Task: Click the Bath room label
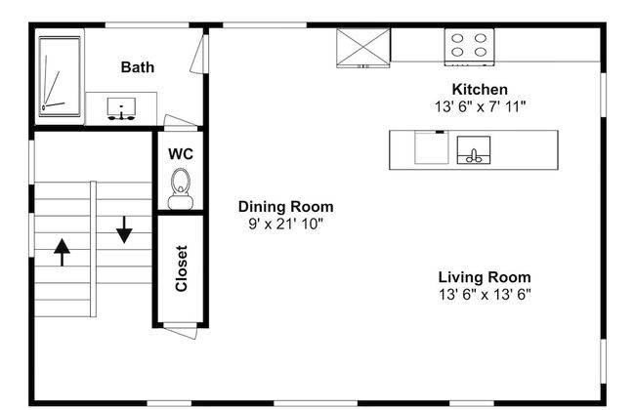tap(138, 67)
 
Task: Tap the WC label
tap(181, 154)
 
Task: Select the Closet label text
tap(181, 268)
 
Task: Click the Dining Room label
tap(286, 207)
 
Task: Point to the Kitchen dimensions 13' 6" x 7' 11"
tap(480, 106)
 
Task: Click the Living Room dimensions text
tap(485, 294)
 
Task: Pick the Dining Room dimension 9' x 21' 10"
tap(285, 224)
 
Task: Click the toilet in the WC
tap(181, 189)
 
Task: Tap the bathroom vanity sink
tap(121, 109)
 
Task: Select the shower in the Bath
tap(60, 77)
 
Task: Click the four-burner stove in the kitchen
tap(469, 47)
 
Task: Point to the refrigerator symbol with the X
tap(362, 48)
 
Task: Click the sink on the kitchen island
tap(474, 149)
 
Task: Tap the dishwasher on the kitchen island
tap(432, 147)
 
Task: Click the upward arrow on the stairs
tap(62, 252)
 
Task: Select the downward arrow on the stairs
tap(124, 229)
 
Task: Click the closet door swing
tap(181, 331)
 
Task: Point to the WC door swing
tap(181, 121)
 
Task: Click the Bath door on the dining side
tap(199, 54)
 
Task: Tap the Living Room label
tap(485, 277)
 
